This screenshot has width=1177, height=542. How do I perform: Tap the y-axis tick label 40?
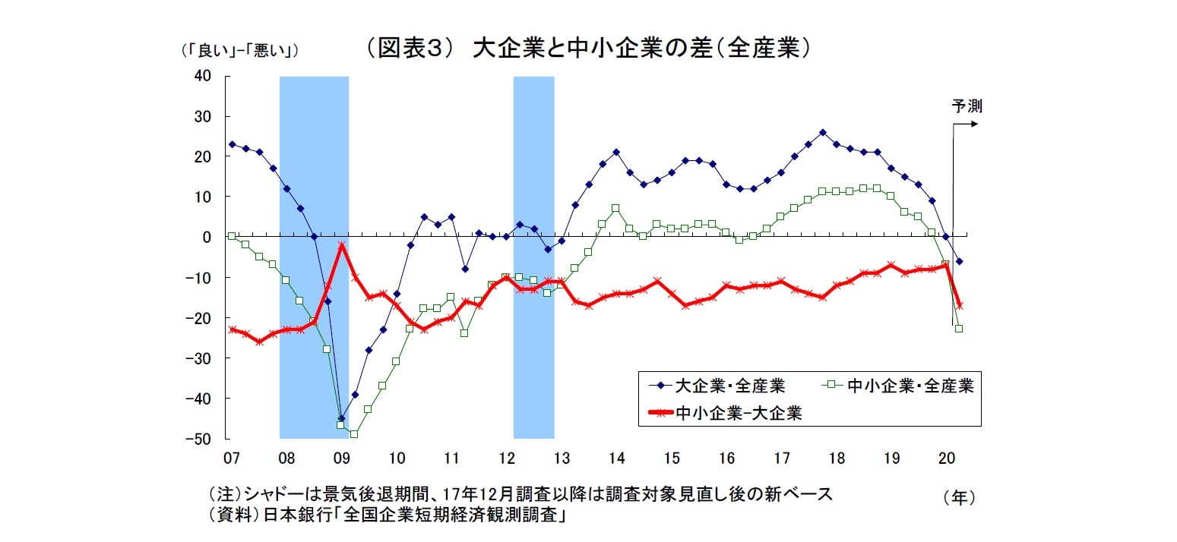pos(203,76)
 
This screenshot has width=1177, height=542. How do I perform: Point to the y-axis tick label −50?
pos(200,439)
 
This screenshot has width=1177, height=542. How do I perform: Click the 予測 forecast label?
pos(967,106)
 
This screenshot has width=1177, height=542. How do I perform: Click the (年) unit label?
pos(958,498)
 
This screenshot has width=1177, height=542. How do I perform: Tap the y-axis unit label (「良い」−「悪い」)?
pos(238,51)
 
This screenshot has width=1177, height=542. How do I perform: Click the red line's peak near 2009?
pos(342,245)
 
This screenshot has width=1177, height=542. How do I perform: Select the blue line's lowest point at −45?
pos(341,418)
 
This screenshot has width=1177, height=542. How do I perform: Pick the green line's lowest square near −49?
pos(354,434)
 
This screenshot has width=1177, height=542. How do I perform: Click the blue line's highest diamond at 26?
pos(823,132)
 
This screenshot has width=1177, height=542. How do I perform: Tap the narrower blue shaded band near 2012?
pos(533,258)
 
